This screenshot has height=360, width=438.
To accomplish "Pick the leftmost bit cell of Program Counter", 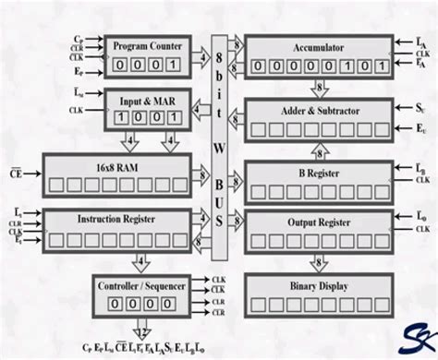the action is (117, 64).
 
